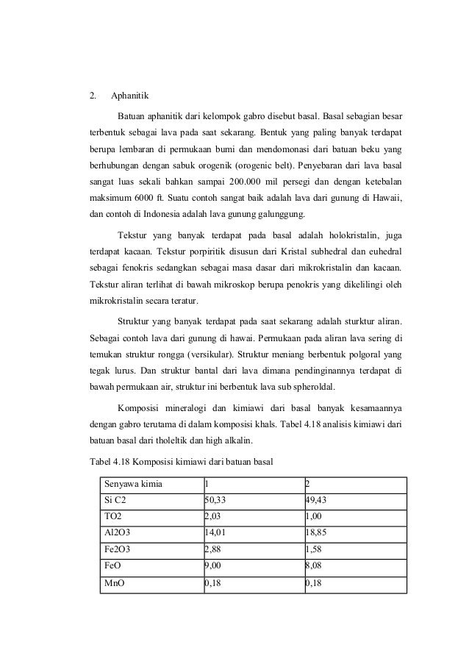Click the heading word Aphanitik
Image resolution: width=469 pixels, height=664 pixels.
[129, 95]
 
